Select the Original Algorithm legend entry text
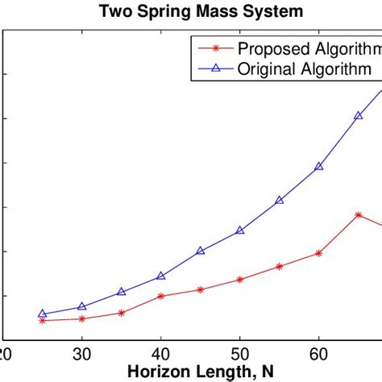[x=304, y=69]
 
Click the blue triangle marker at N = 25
[x=42, y=314]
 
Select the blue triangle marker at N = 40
[x=160, y=276]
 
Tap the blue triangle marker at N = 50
[x=239, y=230]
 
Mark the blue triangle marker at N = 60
[x=318, y=166]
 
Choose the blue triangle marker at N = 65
[x=358, y=115]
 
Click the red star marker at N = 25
[x=42, y=321]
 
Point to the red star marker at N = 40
[x=160, y=297]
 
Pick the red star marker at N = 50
[x=239, y=280]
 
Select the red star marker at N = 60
[x=318, y=253]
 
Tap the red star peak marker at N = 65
[x=358, y=214]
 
